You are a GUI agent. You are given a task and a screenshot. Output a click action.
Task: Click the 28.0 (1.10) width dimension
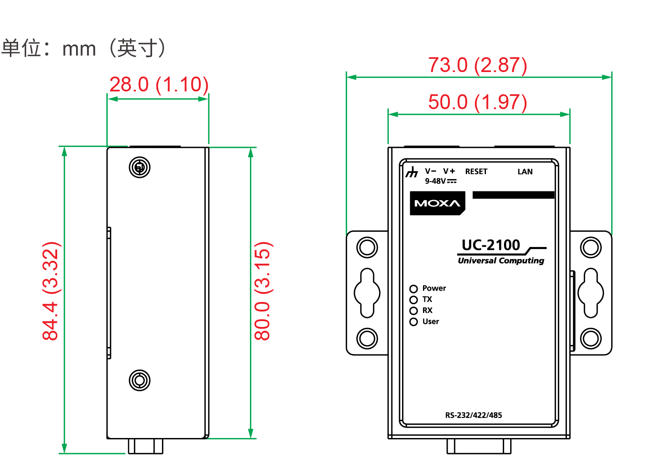(x=159, y=85)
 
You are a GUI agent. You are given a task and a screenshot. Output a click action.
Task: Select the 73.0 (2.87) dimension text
(x=477, y=65)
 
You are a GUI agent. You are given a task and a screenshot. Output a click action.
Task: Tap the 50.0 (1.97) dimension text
(x=477, y=103)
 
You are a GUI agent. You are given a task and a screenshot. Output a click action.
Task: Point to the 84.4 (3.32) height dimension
(x=52, y=291)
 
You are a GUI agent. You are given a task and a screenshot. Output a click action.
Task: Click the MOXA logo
(x=437, y=203)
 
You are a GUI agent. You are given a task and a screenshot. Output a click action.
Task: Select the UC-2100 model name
(x=490, y=245)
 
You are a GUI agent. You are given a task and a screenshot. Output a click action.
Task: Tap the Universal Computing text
(x=501, y=261)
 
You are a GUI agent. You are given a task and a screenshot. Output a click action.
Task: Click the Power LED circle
(x=414, y=289)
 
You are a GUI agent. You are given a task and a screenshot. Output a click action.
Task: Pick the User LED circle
(x=414, y=322)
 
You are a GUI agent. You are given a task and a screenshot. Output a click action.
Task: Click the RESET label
(x=476, y=172)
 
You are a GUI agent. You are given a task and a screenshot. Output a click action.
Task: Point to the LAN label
(x=525, y=172)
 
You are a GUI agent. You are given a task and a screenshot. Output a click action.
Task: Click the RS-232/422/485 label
(x=474, y=415)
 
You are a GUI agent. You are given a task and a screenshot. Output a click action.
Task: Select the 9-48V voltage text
(x=436, y=181)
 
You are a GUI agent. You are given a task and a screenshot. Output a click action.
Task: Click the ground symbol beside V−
(x=412, y=172)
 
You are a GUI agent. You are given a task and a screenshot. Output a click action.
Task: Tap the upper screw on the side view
(x=140, y=168)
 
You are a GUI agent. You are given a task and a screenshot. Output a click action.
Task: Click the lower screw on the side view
(x=140, y=380)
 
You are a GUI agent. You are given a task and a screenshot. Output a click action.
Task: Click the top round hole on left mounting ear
(x=367, y=247)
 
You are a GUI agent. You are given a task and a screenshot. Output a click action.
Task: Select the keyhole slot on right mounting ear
(x=591, y=293)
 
